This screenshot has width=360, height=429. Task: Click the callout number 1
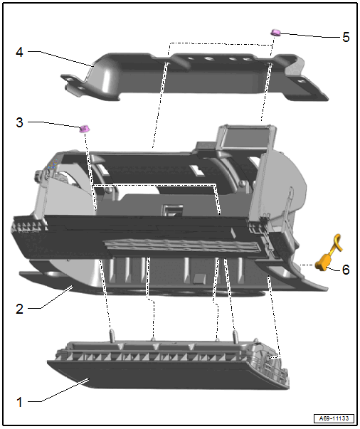pyautogui.click(x=19, y=402)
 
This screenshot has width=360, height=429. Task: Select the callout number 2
pyautogui.click(x=19, y=309)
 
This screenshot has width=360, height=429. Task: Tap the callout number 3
pyautogui.click(x=19, y=122)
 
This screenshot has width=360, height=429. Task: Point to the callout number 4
pyautogui.click(x=19, y=52)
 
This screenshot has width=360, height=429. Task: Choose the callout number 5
pyautogui.click(x=346, y=37)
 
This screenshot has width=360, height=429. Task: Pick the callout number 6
pyautogui.click(x=346, y=270)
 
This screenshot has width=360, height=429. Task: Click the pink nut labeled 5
pyautogui.click(x=275, y=33)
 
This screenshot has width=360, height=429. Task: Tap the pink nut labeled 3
pyautogui.click(x=85, y=128)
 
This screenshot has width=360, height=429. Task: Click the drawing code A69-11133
pyautogui.click(x=334, y=418)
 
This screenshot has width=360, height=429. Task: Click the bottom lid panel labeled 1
pyautogui.click(x=168, y=365)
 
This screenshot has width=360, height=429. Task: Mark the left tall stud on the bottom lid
pyautogui.click(x=112, y=335)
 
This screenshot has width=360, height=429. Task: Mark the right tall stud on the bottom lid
pyautogui.click(x=235, y=337)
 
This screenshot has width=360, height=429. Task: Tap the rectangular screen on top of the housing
pyautogui.click(x=245, y=137)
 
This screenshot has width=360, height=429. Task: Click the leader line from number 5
pyautogui.click(x=310, y=36)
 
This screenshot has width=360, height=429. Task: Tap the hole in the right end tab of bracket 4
pyautogui.click(x=301, y=80)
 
